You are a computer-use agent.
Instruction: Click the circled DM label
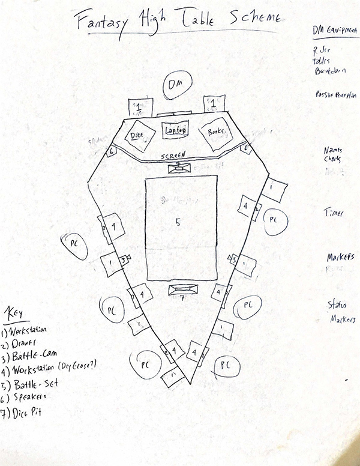[175, 84]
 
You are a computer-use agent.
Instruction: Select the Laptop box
[175, 129]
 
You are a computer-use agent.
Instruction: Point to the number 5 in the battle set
[178, 223]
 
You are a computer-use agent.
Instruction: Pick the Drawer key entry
[24, 342]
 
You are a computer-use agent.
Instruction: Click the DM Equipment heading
[334, 30]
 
